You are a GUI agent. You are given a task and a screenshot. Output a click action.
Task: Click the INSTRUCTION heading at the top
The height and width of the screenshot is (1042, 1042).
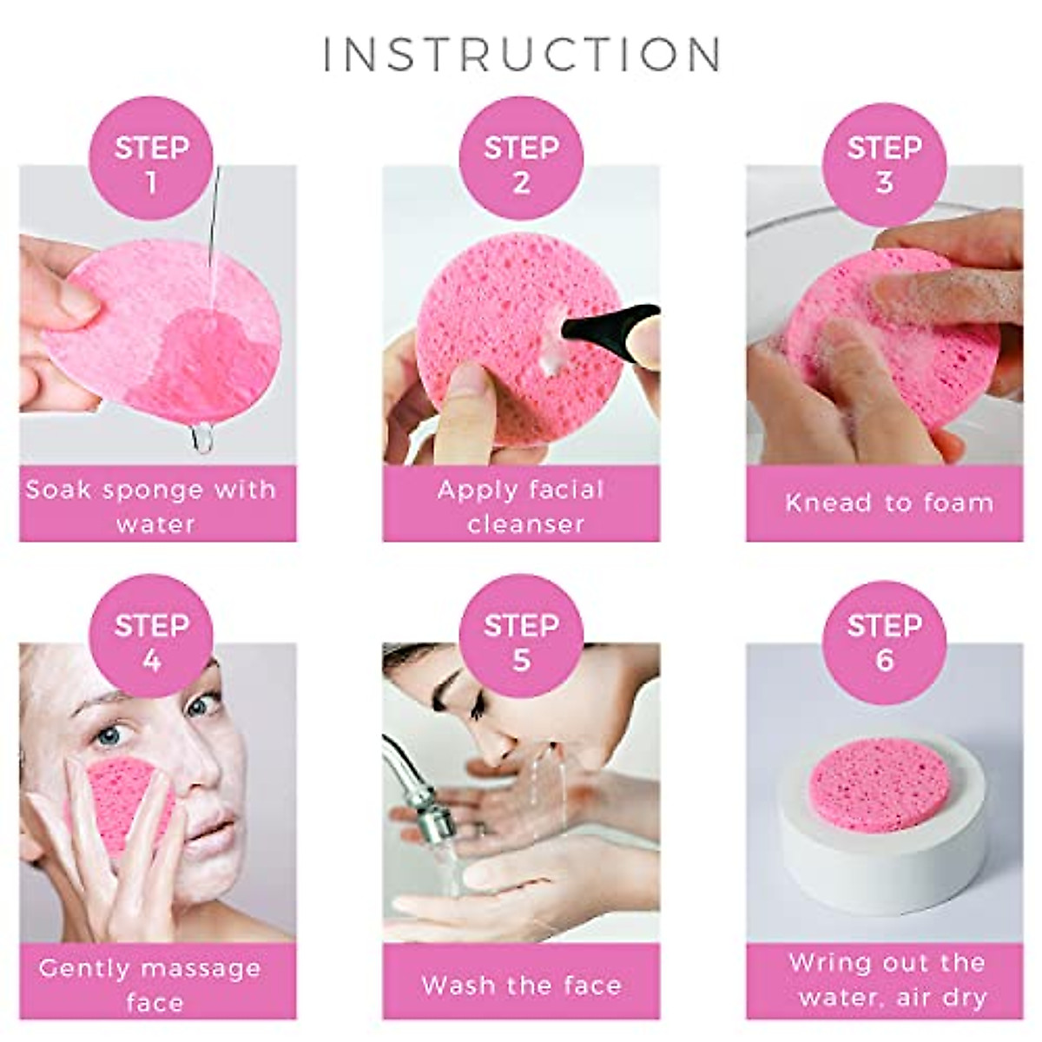(x=522, y=54)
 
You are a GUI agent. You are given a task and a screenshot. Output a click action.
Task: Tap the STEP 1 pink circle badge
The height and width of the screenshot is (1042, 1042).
(x=151, y=164)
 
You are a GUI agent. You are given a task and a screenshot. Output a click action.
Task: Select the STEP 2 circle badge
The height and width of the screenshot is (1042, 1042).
(x=521, y=164)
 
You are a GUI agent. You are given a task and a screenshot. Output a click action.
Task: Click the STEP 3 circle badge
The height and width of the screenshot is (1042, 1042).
(x=884, y=164)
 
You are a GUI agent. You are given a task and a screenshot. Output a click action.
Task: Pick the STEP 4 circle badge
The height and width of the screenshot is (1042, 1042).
(x=151, y=643)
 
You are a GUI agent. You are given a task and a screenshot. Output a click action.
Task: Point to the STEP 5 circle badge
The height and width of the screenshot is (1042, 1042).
(x=521, y=643)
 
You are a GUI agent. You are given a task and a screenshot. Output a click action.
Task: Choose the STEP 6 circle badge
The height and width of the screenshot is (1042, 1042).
(x=884, y=643)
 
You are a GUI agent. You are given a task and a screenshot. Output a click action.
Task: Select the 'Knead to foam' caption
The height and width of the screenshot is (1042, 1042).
(x=887, y=503)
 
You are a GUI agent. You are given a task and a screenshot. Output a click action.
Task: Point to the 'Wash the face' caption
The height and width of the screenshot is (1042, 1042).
(x=521, y=985)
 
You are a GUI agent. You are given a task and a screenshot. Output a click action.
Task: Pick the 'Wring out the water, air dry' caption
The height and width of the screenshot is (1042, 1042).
(x=887, y=979)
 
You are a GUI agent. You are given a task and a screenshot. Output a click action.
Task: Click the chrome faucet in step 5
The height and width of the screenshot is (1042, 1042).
(x=417, y=790)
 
